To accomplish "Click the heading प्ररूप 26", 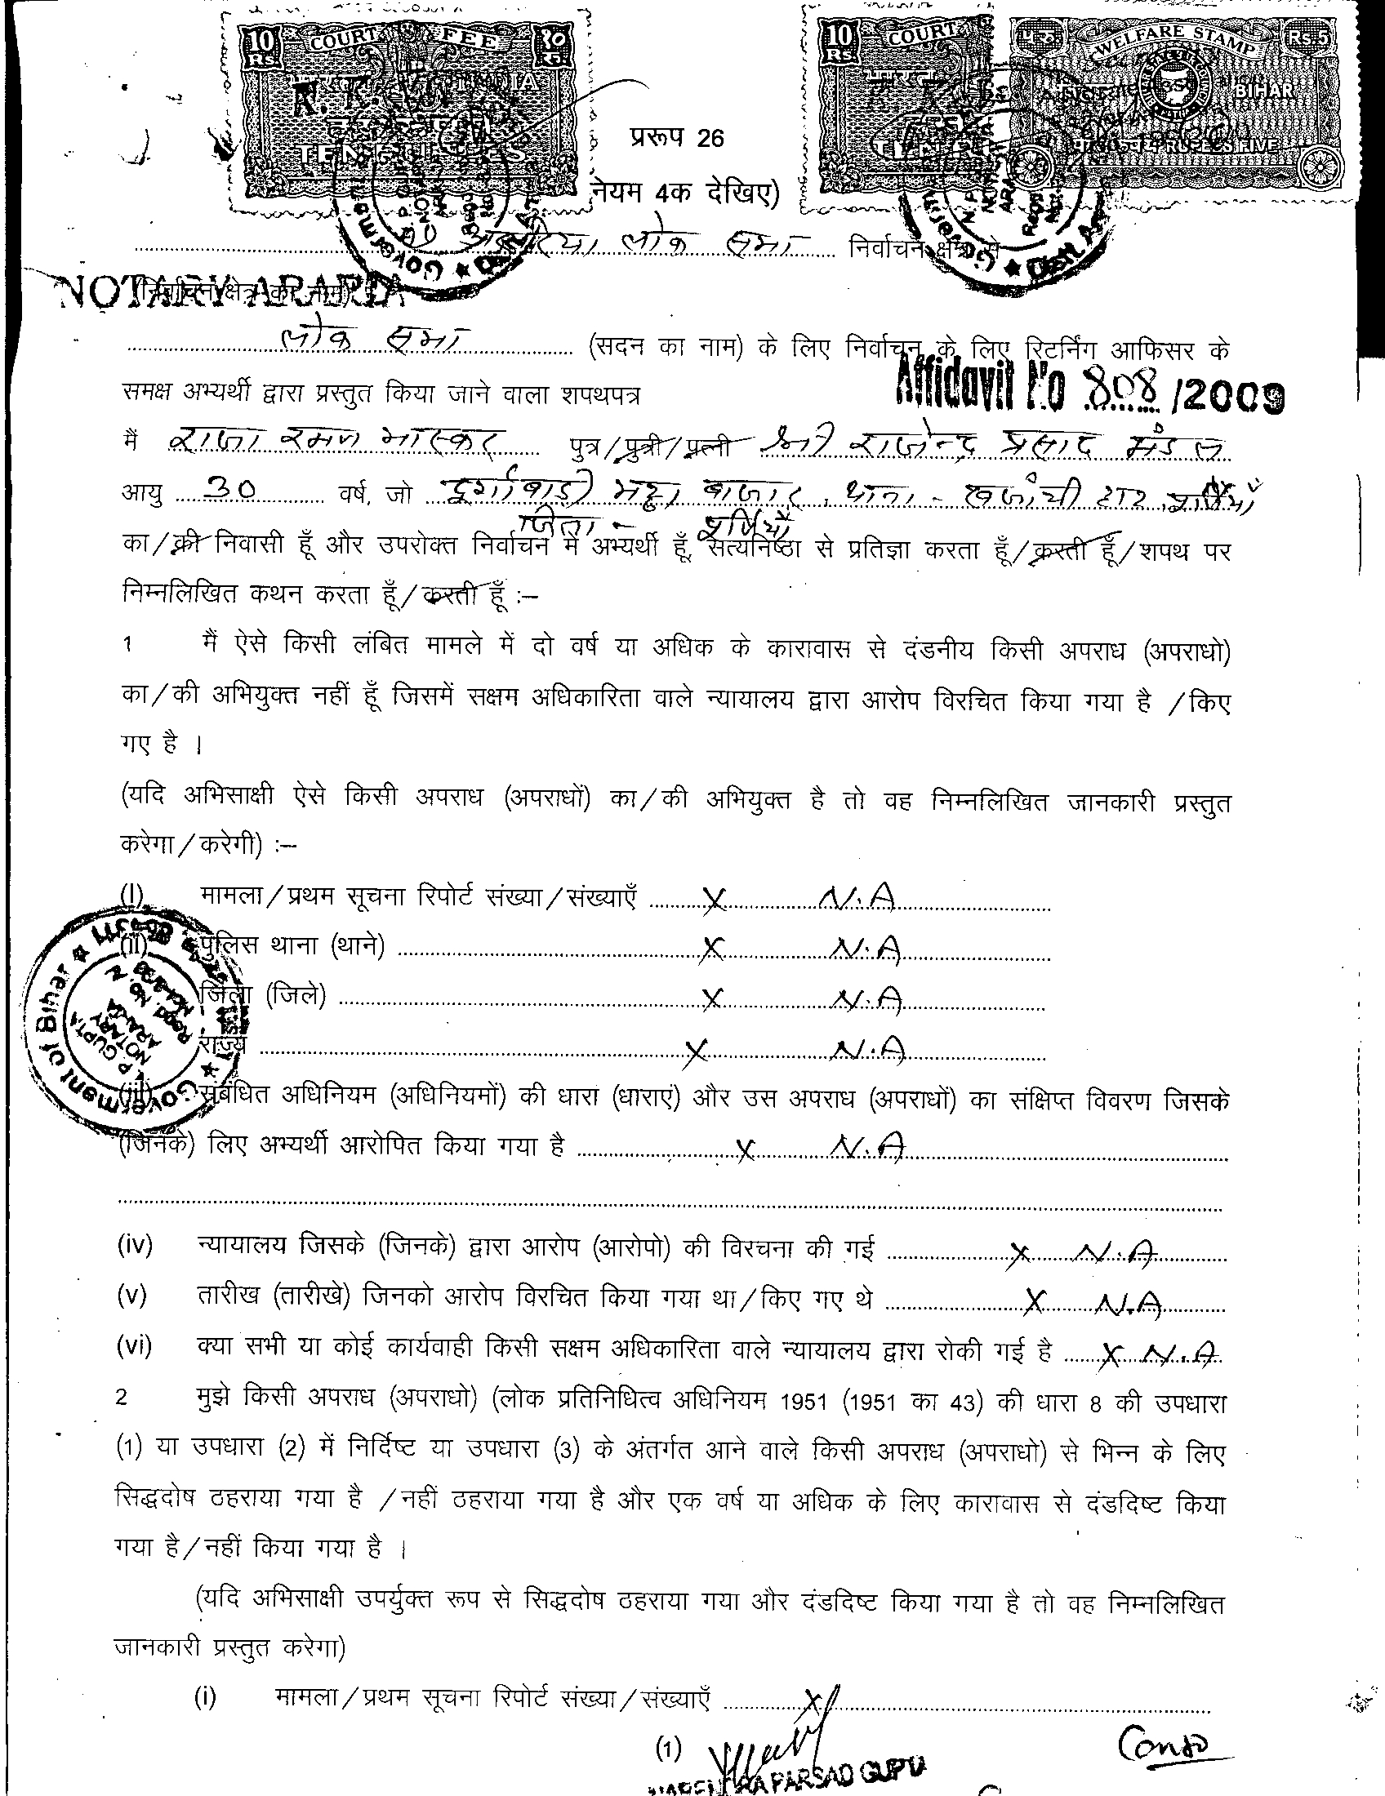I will click(x=677, y=138).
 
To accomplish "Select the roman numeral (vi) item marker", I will click(x=135, y=1346).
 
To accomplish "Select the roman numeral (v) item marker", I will click(x=132, y=1297).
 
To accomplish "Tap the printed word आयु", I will click(x=141, y=495).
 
